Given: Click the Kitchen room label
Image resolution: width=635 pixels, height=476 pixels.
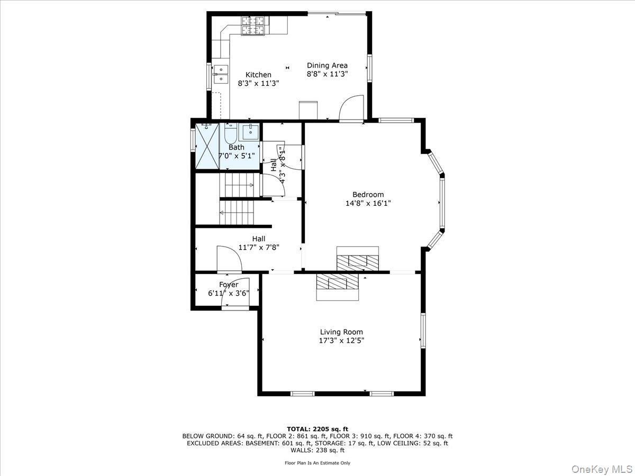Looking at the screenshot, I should pyautogui.click(x=258, y=75).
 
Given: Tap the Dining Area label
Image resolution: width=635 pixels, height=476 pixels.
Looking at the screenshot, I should pyautogui.click(x=327, y=66).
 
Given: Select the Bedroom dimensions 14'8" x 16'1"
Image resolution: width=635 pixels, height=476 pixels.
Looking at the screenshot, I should pyautogui.click(x=368, y=203).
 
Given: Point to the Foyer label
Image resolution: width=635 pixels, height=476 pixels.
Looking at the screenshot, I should pyautogui.click(x=229, y=285).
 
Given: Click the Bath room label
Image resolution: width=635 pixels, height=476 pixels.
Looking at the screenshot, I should pyautogui.click(x=237, y=147).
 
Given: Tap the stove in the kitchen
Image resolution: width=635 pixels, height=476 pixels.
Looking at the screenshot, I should pyautogui.click(x=253, y=26).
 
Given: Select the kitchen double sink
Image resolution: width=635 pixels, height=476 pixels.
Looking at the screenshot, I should pyautogui.click(x=221, y=75).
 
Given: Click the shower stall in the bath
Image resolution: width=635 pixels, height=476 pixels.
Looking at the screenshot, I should pyautogui.click(x=207, y=147).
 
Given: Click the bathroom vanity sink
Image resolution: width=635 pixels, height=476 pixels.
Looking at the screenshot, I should pyautogui.click(x=249, y=131).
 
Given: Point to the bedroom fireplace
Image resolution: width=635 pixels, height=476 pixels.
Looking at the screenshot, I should pyautogui.click(x=358, y=259).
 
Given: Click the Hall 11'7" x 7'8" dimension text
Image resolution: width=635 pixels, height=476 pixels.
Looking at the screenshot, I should pyautogui.click(x=259, y=247).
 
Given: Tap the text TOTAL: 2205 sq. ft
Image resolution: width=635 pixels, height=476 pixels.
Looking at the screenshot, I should pyautogui.click(x=317, y=429).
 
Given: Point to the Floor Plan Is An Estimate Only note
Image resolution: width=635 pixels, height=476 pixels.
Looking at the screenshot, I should pyautogui.click(x=317, y=463).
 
